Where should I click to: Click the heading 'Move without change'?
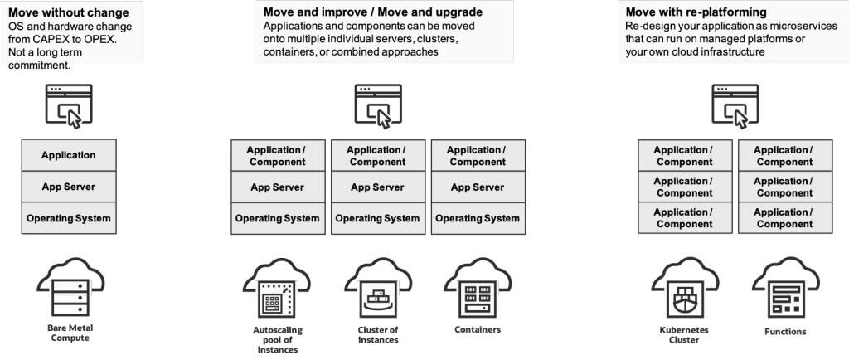(68, 12)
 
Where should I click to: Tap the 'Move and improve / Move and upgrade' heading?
(372, 12)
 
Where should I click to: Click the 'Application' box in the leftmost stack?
(69, 155)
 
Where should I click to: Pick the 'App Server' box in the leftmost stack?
(69, 187)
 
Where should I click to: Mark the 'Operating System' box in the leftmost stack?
(69, 218)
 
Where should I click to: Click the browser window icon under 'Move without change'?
(69, 105)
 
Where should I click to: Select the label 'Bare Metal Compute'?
(69, 333)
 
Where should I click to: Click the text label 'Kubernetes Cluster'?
(678, 334)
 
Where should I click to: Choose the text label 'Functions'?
(785, 332)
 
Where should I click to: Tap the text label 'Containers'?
(478, 329)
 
